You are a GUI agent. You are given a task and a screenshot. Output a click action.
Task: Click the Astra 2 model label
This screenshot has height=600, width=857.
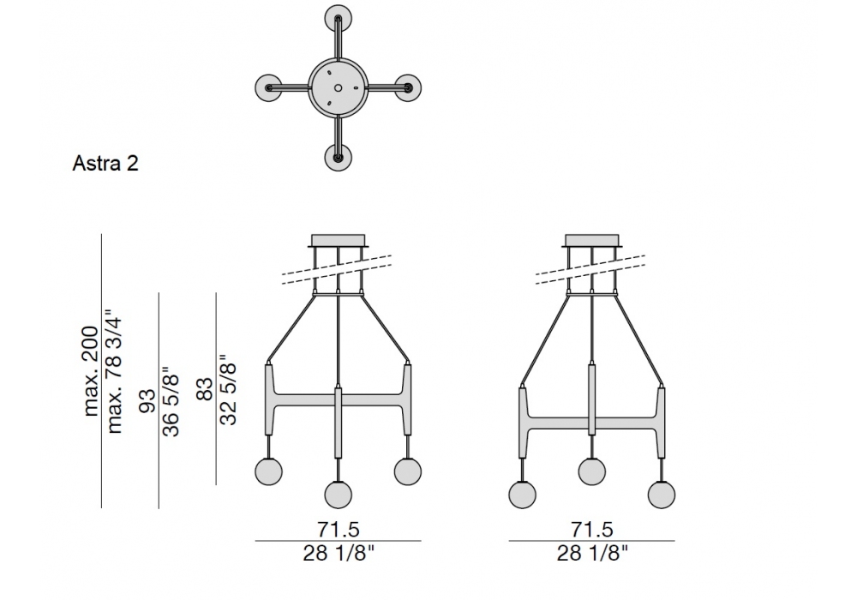pyautogui.click(x=105, y=164)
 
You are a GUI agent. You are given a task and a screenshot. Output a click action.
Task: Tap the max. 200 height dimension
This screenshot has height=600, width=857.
pyautogui.click(x=91, y=372)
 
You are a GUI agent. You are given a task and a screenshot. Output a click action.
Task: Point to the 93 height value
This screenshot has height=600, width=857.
pyautogui.click(x=147, y=401)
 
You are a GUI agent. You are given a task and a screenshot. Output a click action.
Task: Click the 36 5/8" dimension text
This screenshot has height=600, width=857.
pyautogui.click(x=171, y=401)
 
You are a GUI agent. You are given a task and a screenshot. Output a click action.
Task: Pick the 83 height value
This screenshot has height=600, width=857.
pyautogui.click(x=205, y=389)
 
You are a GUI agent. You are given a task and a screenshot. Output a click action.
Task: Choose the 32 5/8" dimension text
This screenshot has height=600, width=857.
pyautogui.click(x=228, y=390)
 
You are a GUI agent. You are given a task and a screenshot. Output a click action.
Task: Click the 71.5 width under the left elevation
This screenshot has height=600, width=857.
pyautogui.click(x=339, y=529)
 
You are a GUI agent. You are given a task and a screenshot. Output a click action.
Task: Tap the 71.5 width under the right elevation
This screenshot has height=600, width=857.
pyautogui.click(x=592, y=529)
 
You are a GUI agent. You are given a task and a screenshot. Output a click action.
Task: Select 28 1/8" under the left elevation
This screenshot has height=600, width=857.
pyautogui.click(x=339, y=554)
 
